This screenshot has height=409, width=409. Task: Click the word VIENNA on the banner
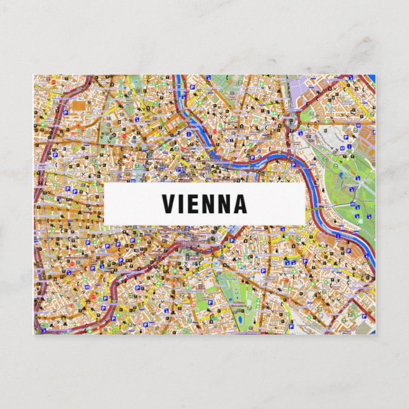204,204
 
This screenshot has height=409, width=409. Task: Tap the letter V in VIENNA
168,204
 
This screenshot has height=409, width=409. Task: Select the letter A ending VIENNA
239,204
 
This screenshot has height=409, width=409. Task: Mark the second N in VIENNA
224,204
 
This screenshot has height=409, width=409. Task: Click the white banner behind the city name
127,204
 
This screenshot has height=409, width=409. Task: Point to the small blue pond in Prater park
341,175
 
